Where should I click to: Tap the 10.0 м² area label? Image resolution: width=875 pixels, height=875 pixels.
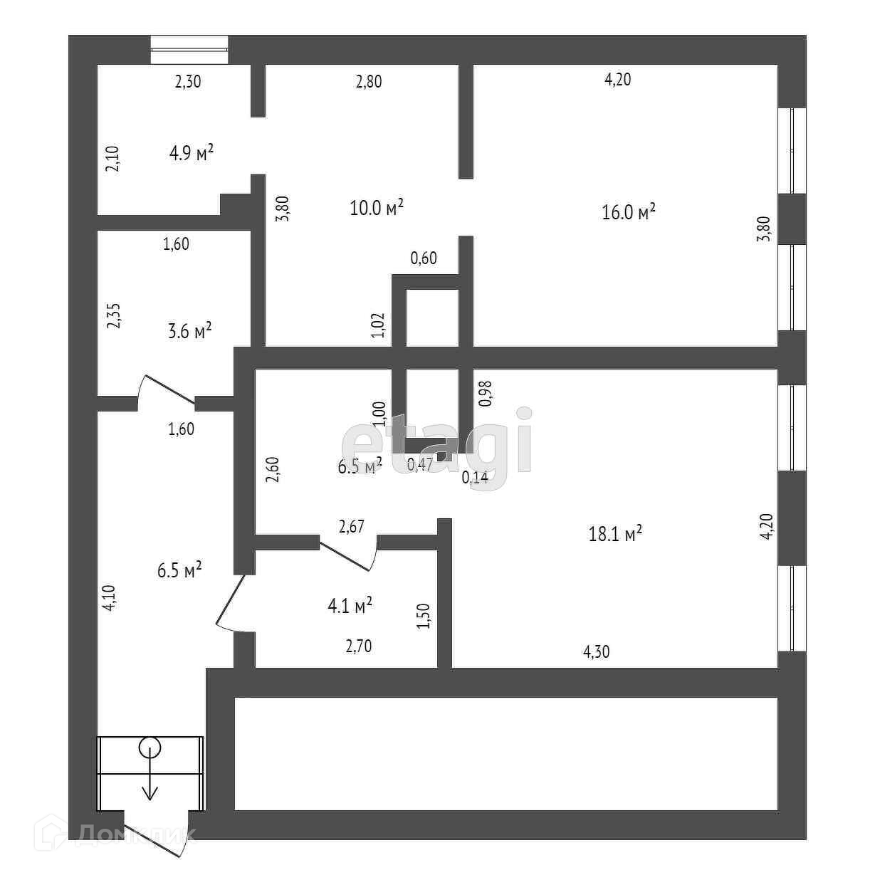coord(377,208)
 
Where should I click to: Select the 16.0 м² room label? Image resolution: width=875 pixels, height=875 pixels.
coord(629,212)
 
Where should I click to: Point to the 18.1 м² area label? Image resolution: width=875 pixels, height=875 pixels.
coord(616,534)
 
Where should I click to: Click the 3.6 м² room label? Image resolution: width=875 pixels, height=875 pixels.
coord(189,331)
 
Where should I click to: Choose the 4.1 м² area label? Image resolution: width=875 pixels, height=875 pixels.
coord(350,607)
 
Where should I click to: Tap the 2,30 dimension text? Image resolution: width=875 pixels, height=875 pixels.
coord(188,81)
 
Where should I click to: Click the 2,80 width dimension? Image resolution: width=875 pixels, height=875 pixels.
coord(369,81)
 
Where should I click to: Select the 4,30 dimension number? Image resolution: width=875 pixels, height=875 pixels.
coord(597,651)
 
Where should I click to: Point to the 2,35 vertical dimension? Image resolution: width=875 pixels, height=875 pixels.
coord(114,315)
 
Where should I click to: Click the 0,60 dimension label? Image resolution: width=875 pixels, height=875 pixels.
coord(424,258)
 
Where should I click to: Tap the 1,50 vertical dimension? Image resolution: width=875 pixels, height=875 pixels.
coord(424,617)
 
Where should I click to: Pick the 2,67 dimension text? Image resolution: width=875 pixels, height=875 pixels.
coord(352,527)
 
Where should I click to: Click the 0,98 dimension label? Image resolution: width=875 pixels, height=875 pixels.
coord(486,394)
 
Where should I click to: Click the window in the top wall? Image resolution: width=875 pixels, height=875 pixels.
coord(189,49)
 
